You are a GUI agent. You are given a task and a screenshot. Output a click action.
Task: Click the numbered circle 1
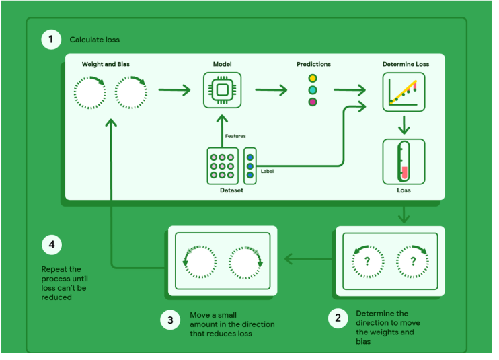(x=51, y=40)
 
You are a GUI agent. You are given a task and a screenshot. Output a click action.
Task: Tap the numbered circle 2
(x=338, y=318)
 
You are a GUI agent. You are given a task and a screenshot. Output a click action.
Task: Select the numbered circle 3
(x=170, y=320)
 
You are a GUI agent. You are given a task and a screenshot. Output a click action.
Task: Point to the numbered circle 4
(x=52, y=244)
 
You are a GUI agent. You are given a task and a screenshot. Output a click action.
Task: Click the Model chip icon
(x=222, y=90)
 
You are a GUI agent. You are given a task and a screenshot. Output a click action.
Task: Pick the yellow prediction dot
(x=313, y=78)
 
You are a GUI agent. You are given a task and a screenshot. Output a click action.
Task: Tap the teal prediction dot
(x=313, y=90)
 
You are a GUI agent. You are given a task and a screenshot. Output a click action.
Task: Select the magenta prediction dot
(x=313, y=102)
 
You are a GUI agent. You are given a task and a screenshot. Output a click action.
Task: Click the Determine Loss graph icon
(x=404, y=92)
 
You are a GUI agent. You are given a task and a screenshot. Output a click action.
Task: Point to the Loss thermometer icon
(x=404, y=161)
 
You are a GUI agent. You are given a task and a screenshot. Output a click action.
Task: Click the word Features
(x=235, y=136)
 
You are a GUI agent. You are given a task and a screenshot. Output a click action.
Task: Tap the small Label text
(x=267, y=171)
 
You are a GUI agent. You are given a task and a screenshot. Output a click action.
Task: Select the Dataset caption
(x=231, y=190)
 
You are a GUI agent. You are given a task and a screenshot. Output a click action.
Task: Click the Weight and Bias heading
(x=106, y=64)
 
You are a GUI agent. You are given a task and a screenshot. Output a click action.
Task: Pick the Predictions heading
(x=313, y=64)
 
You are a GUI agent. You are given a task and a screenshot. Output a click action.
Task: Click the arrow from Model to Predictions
(x=271, y=90)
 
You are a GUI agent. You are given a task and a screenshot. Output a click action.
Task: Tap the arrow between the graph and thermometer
(x=404, y=125)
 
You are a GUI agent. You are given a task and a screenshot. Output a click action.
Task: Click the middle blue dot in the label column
(x=249, y=166)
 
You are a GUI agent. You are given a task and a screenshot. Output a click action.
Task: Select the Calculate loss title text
(x=95, y=40)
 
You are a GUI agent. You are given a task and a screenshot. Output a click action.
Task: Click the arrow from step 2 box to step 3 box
(x=308, y=259)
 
